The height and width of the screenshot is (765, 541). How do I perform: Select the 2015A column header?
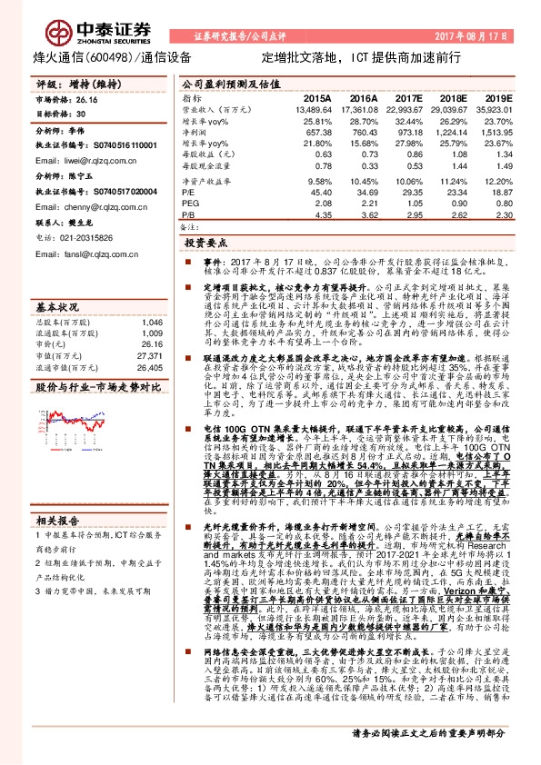(x=316, y=96)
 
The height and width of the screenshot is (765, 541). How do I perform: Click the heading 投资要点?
(x=205, y=243)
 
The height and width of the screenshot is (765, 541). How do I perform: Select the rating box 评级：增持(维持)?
(x=68, y=83)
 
